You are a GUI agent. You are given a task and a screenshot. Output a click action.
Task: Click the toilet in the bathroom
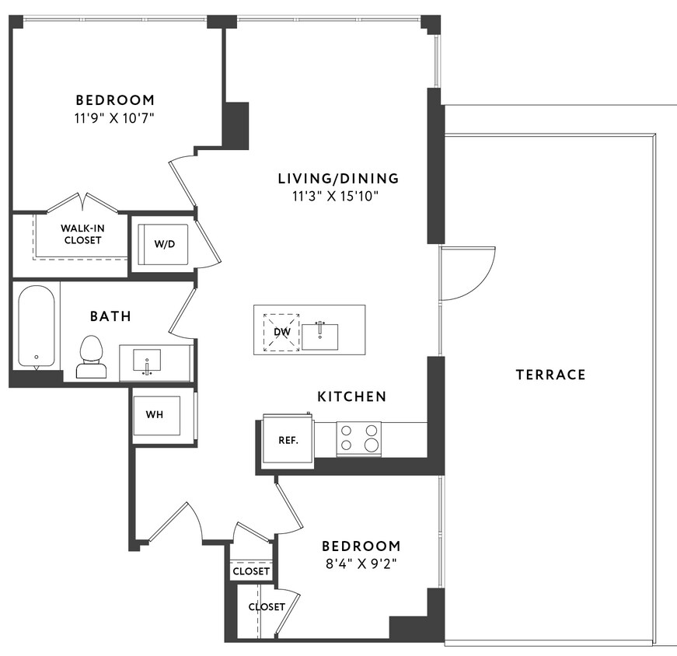click(91, 357)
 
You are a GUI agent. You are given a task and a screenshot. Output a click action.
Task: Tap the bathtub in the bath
click(37, 326)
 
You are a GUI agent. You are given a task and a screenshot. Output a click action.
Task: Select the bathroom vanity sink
click(147, 361)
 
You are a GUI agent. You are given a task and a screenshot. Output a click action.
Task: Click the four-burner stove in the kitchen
click(359, 438)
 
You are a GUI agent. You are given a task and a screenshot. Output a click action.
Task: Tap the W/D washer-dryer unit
click(164, 243)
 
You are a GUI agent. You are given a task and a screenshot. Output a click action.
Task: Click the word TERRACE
click(550, 375)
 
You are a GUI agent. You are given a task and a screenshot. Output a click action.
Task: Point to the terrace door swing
click(466, 272)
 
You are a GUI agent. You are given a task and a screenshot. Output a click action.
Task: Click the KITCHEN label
click(351, 396)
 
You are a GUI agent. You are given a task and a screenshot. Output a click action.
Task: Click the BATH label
click(110, 316)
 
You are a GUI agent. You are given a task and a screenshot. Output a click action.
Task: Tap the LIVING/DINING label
click(338, 178)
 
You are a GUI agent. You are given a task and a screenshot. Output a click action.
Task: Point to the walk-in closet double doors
click(82, 202)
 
